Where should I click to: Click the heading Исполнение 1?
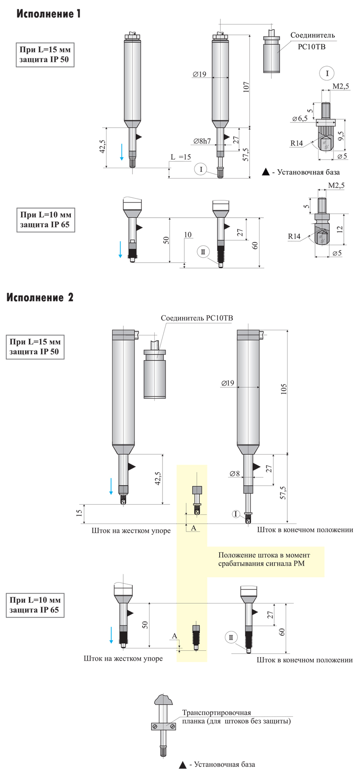(49, 14)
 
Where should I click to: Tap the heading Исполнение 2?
(40, 297)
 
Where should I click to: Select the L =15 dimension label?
(181, 157)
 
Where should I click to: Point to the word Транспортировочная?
(216, 713)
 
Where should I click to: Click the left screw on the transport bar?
(155, 726)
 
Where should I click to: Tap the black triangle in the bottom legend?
(183, 765)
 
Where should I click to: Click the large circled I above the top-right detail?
(327, 73)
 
